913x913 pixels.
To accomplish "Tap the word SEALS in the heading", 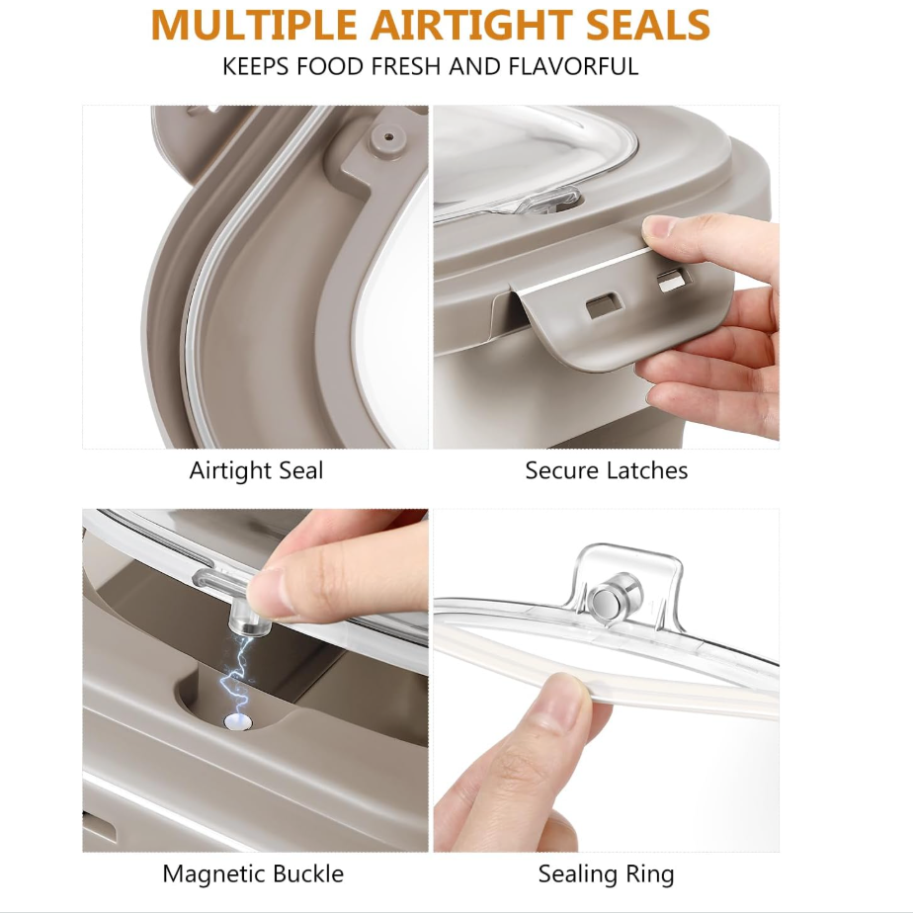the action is pos(647,25).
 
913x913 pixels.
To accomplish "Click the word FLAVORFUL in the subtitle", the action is pos(573,66).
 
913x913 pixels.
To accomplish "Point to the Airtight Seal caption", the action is pos(256,470).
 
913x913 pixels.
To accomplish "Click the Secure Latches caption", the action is pos(606,470).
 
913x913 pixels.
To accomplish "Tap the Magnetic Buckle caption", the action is pos(253,874).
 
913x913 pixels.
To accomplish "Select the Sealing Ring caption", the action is pos(606,874).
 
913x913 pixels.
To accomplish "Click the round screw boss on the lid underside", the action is pos(388,138).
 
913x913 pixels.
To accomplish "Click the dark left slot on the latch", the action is pos(604,305).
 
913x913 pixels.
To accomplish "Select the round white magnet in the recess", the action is pos(238,722).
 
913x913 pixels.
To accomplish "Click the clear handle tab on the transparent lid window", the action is pos(550,201).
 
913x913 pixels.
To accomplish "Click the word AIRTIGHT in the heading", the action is pos(471,25).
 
